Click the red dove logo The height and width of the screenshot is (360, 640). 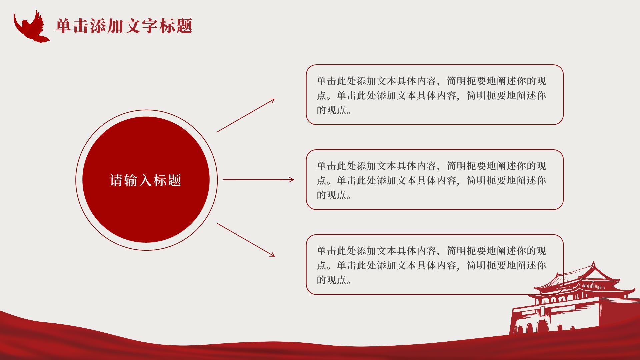[x=31, y=27]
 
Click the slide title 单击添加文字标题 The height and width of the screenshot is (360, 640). [x=124, y=26]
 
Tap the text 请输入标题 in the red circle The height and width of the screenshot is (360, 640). [x=146, y=180]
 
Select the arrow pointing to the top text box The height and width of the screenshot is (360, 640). [x=246, y=115]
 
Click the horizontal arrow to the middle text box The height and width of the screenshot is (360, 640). [x=259, y=180]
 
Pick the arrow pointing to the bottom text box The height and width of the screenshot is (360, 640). [x=246, y=240]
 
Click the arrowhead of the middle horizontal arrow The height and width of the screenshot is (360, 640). [x=291, y=180]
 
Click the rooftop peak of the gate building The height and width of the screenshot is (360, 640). [x=593, y=263]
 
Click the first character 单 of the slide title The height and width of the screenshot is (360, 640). [x=64, y=26]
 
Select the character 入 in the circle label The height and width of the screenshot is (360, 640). [x=146, y=180]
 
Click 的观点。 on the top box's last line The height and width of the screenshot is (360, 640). [x=334, y=110]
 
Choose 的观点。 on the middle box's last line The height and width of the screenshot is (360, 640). [x=334, y=195]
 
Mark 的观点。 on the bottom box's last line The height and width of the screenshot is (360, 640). [x=334, y=280]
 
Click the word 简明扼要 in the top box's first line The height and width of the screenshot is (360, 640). [x=466, y=81]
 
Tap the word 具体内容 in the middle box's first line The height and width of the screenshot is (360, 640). [x=416, y=166]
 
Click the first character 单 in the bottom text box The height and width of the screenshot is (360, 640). [x=322, y=251]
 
